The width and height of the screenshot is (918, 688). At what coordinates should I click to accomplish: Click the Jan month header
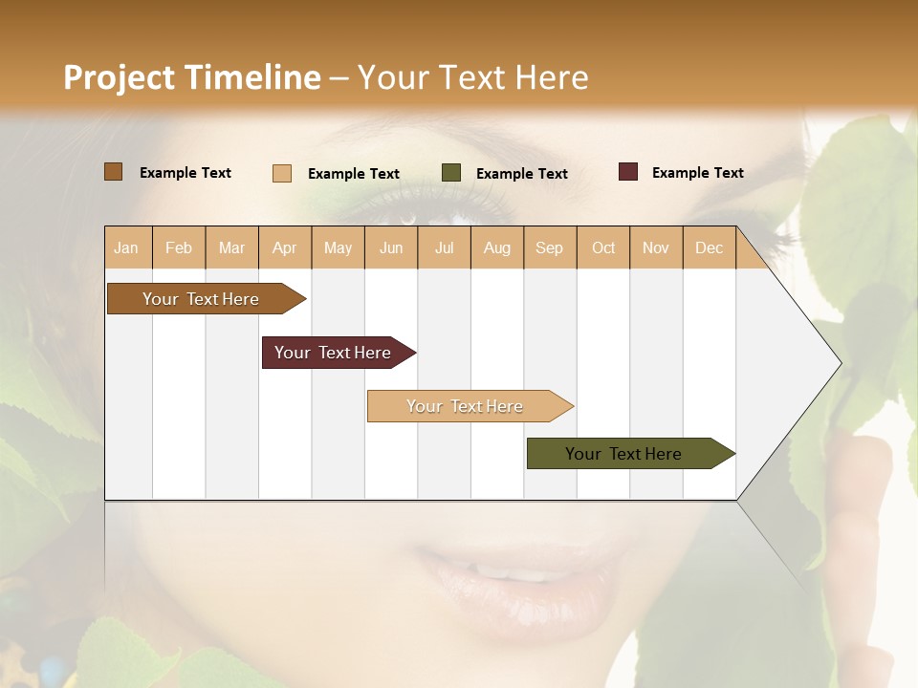click(126, 247)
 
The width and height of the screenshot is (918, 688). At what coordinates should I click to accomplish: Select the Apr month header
click(284, 247)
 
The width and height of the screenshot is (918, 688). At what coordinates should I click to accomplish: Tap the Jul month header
click(444, 247)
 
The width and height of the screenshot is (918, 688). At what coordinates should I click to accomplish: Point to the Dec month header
click(709, 247)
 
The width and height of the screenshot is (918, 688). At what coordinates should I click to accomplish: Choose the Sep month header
click(549, 247)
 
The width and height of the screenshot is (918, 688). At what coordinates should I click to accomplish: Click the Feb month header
click(179, 247)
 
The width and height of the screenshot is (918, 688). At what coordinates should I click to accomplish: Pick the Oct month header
click(603, 247)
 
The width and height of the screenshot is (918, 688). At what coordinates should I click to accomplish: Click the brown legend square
click(113, 172)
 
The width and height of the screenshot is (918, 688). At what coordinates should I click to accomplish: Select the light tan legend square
click(282, 173)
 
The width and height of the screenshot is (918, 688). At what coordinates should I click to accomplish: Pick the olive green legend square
click(451, 173)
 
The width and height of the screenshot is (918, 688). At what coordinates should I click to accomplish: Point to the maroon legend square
click(628, 172)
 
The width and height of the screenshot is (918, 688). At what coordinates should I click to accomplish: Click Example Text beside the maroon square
click(697, 173)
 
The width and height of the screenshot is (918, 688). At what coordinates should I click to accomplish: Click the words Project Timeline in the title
click(191, 77)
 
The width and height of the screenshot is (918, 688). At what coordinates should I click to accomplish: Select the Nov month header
click(656, 247)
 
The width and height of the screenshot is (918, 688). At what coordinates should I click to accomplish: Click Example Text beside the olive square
click(521, 174)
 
